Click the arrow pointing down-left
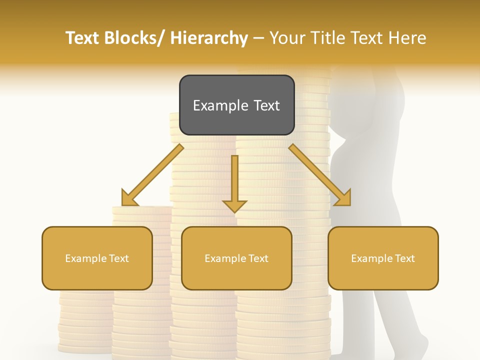coord(152,175)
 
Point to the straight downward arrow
coord(234,182)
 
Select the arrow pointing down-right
coord(320,175)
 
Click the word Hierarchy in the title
coord(209,38)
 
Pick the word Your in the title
coord(286,38)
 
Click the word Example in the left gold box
coord(86,258)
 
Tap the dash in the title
coord(258,38)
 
